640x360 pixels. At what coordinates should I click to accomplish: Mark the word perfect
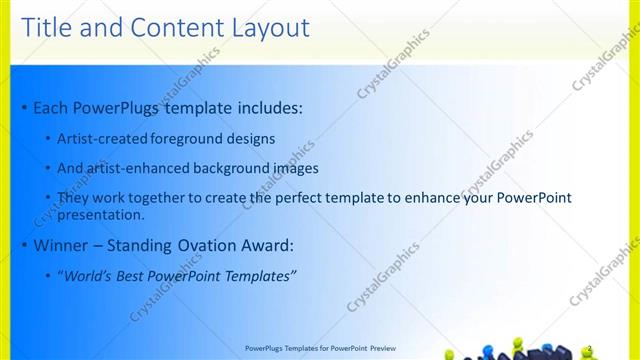point(306,198)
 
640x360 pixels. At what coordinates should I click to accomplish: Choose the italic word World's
point(89,276)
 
